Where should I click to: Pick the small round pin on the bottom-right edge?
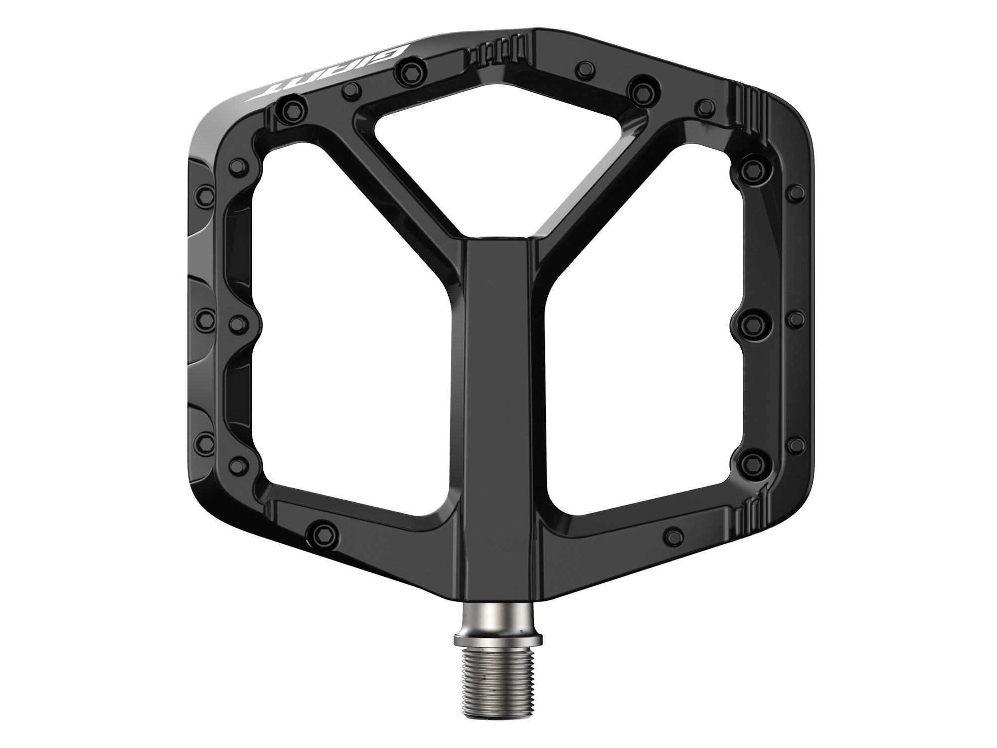[x=673, y=532]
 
